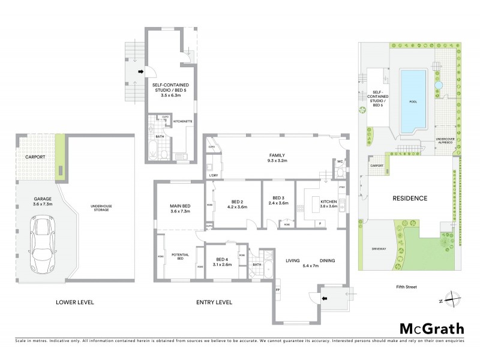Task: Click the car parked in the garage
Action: (42, 244)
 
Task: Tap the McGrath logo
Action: (431, 328)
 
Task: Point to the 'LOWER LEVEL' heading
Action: (74, 302)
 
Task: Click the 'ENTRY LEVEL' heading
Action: (214, 302)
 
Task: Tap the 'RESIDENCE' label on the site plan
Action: (410, 198)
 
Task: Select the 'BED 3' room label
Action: (277, 199)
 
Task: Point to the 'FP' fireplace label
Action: (278, 290)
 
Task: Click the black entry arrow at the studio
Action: (140, 73)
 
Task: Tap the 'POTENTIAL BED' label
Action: (181, 256)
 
